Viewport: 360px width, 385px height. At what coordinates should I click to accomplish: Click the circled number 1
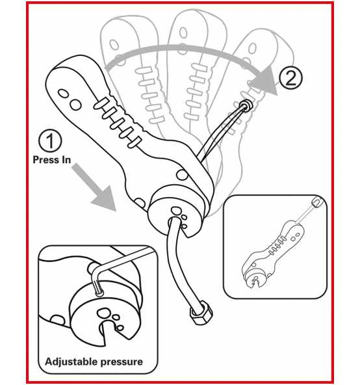coord(50,141)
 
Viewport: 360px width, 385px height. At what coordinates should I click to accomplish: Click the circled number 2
coord(291,77)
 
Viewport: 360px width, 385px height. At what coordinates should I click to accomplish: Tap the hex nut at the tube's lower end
coord(201,313)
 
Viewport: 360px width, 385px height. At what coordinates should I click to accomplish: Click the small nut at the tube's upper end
coord(246,105)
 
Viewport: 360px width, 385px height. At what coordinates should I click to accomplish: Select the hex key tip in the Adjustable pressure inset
coord(99,293)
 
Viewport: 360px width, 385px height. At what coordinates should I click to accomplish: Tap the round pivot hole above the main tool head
coord(182,175)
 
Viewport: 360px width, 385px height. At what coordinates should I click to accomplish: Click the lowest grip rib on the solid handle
coord(135,142)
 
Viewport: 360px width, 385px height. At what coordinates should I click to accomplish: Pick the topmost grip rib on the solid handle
coord(101,103)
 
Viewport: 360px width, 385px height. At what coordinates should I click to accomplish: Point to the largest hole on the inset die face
coord(104,313)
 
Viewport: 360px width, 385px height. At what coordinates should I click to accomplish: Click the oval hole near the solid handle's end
coord(63,94)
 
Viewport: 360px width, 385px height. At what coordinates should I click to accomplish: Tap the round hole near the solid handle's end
coord(75,105)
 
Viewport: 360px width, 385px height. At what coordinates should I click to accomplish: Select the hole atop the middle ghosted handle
coord(183,32)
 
